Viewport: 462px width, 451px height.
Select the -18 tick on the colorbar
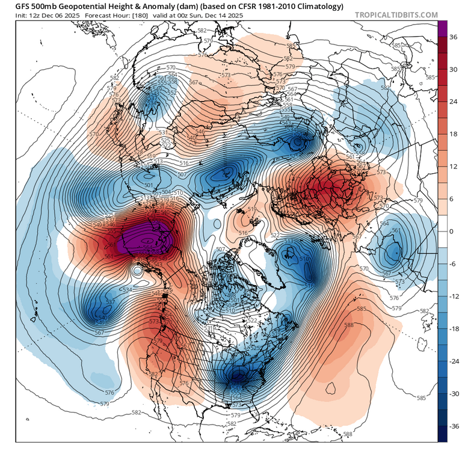(x=454, y=329)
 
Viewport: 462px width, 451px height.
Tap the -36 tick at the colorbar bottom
(x=454, y=426)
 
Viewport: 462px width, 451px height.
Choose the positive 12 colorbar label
(x=454, y=167)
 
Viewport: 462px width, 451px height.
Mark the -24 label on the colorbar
(x=454, y=361)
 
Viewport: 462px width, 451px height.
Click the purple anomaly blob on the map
(x=147, y=242)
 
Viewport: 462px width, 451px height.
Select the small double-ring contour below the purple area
(x=137, y=271)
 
